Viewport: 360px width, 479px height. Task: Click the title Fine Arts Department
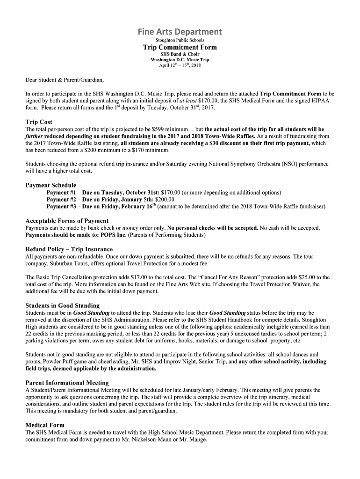tap(180, 32)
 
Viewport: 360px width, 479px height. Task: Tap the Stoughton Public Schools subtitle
tap(180, 40)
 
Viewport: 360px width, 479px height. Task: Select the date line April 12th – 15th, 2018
tap(180, 65)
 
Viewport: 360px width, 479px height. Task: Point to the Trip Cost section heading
tap(39, 122)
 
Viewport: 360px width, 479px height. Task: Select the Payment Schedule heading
tap(50, 185)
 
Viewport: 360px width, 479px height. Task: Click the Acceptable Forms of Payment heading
tap(67, 221)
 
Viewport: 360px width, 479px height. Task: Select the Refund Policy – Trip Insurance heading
tap(69, 249)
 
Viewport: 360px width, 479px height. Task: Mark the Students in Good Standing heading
tap(62, 306)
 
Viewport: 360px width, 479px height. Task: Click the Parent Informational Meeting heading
tap(66, 383)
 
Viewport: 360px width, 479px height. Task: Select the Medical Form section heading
tap(45, 425)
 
